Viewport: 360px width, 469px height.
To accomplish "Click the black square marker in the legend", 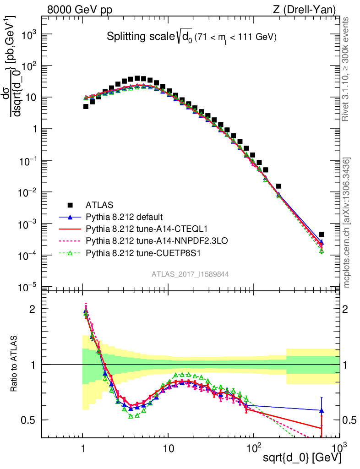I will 70,205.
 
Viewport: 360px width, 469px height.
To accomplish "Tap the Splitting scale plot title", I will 191,37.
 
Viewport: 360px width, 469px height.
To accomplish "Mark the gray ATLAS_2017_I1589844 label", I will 190,274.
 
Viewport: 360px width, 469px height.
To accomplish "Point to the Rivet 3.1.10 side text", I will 346,69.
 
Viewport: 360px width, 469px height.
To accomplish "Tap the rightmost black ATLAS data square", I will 322,234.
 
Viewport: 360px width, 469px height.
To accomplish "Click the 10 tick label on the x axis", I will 168,447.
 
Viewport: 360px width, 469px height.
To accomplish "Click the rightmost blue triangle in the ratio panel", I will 322,410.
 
